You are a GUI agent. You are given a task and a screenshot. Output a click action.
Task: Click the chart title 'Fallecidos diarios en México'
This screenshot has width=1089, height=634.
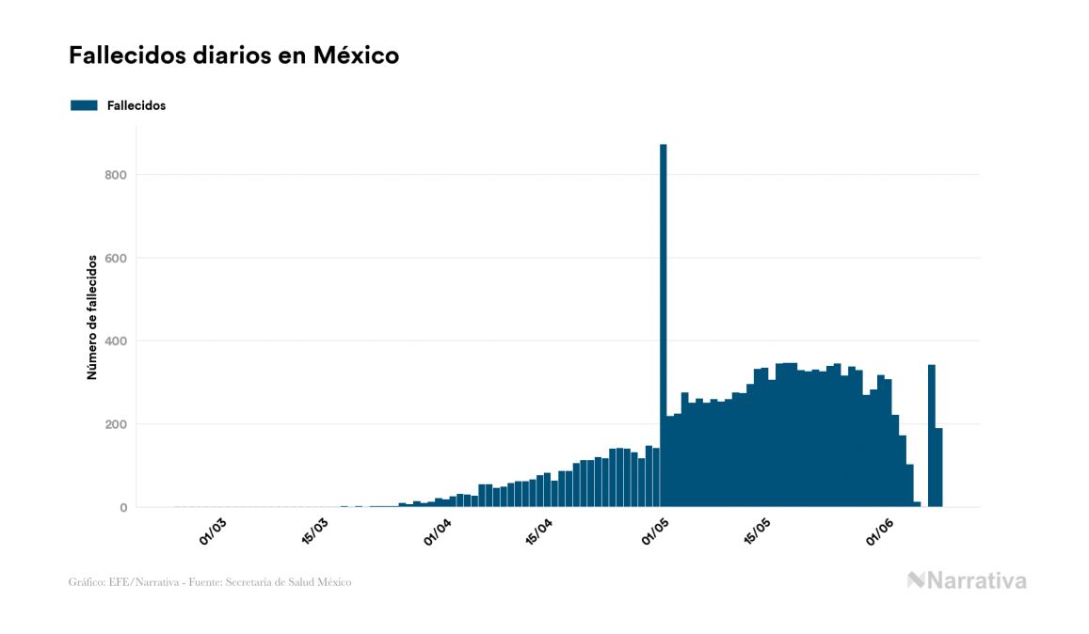[233, 55]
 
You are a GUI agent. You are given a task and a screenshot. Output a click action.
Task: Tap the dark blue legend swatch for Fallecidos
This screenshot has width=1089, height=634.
[84, 105]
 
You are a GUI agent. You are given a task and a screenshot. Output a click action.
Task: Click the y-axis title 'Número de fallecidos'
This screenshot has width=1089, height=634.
[92, 317]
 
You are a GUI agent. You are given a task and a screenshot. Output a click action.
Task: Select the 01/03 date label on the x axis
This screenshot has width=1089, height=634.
[214, 531]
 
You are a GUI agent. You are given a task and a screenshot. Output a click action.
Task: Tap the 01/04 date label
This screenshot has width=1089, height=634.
[438, 531]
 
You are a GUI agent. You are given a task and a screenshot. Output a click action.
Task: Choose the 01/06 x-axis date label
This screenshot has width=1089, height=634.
[879, 531]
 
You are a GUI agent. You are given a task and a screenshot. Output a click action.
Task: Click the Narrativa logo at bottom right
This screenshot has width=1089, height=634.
[967, 580]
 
